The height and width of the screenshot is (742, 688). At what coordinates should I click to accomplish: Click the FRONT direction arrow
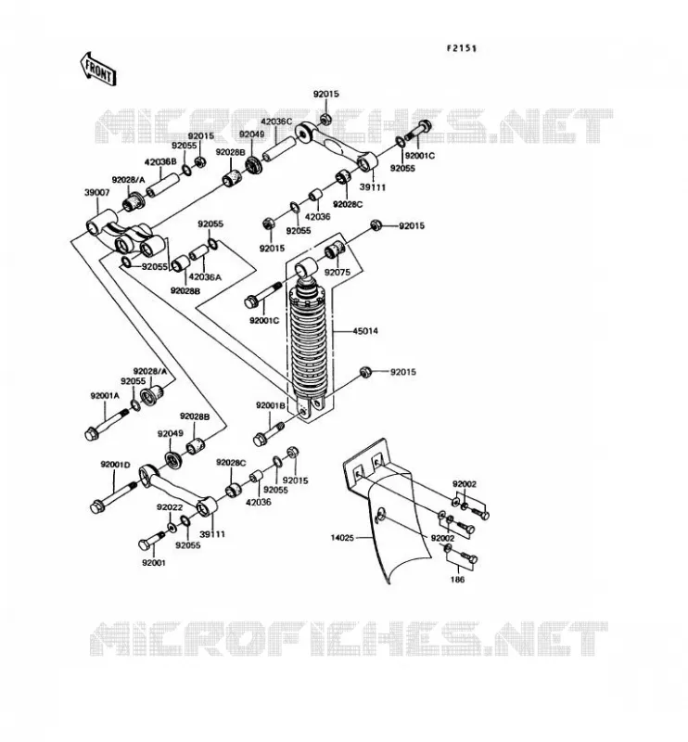pos(98,70)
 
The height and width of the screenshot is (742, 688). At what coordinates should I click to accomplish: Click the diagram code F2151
pos(462,48)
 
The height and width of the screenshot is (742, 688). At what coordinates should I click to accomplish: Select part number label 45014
pos(365,331)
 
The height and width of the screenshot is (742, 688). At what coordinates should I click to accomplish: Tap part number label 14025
pos(342,538)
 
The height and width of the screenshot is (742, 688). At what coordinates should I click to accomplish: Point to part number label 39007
pos(97,193)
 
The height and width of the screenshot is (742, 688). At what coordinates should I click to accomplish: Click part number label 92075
pos(338,272)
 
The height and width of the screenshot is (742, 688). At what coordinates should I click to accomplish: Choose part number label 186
pos(457,579)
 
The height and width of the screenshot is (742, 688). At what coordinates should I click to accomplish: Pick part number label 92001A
pos(105,395)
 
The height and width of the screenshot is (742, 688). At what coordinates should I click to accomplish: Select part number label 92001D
pos(115,465)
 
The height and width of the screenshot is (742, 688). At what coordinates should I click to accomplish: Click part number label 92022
pos(170,507)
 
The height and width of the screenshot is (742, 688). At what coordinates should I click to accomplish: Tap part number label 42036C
pos(276,122)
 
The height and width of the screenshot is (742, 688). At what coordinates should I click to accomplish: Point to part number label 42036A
pos(205,276)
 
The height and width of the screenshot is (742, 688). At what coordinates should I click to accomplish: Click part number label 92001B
pos(271,405)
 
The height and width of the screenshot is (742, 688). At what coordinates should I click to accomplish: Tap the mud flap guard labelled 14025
pos(387,511)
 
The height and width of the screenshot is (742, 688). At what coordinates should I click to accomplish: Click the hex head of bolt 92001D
pos(97,506)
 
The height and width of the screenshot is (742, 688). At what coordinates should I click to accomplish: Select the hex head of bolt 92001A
pos(91,433)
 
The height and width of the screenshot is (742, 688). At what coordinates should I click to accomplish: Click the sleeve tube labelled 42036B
pos(163,185)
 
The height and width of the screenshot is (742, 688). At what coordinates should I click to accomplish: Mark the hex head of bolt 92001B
pos(260,440)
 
